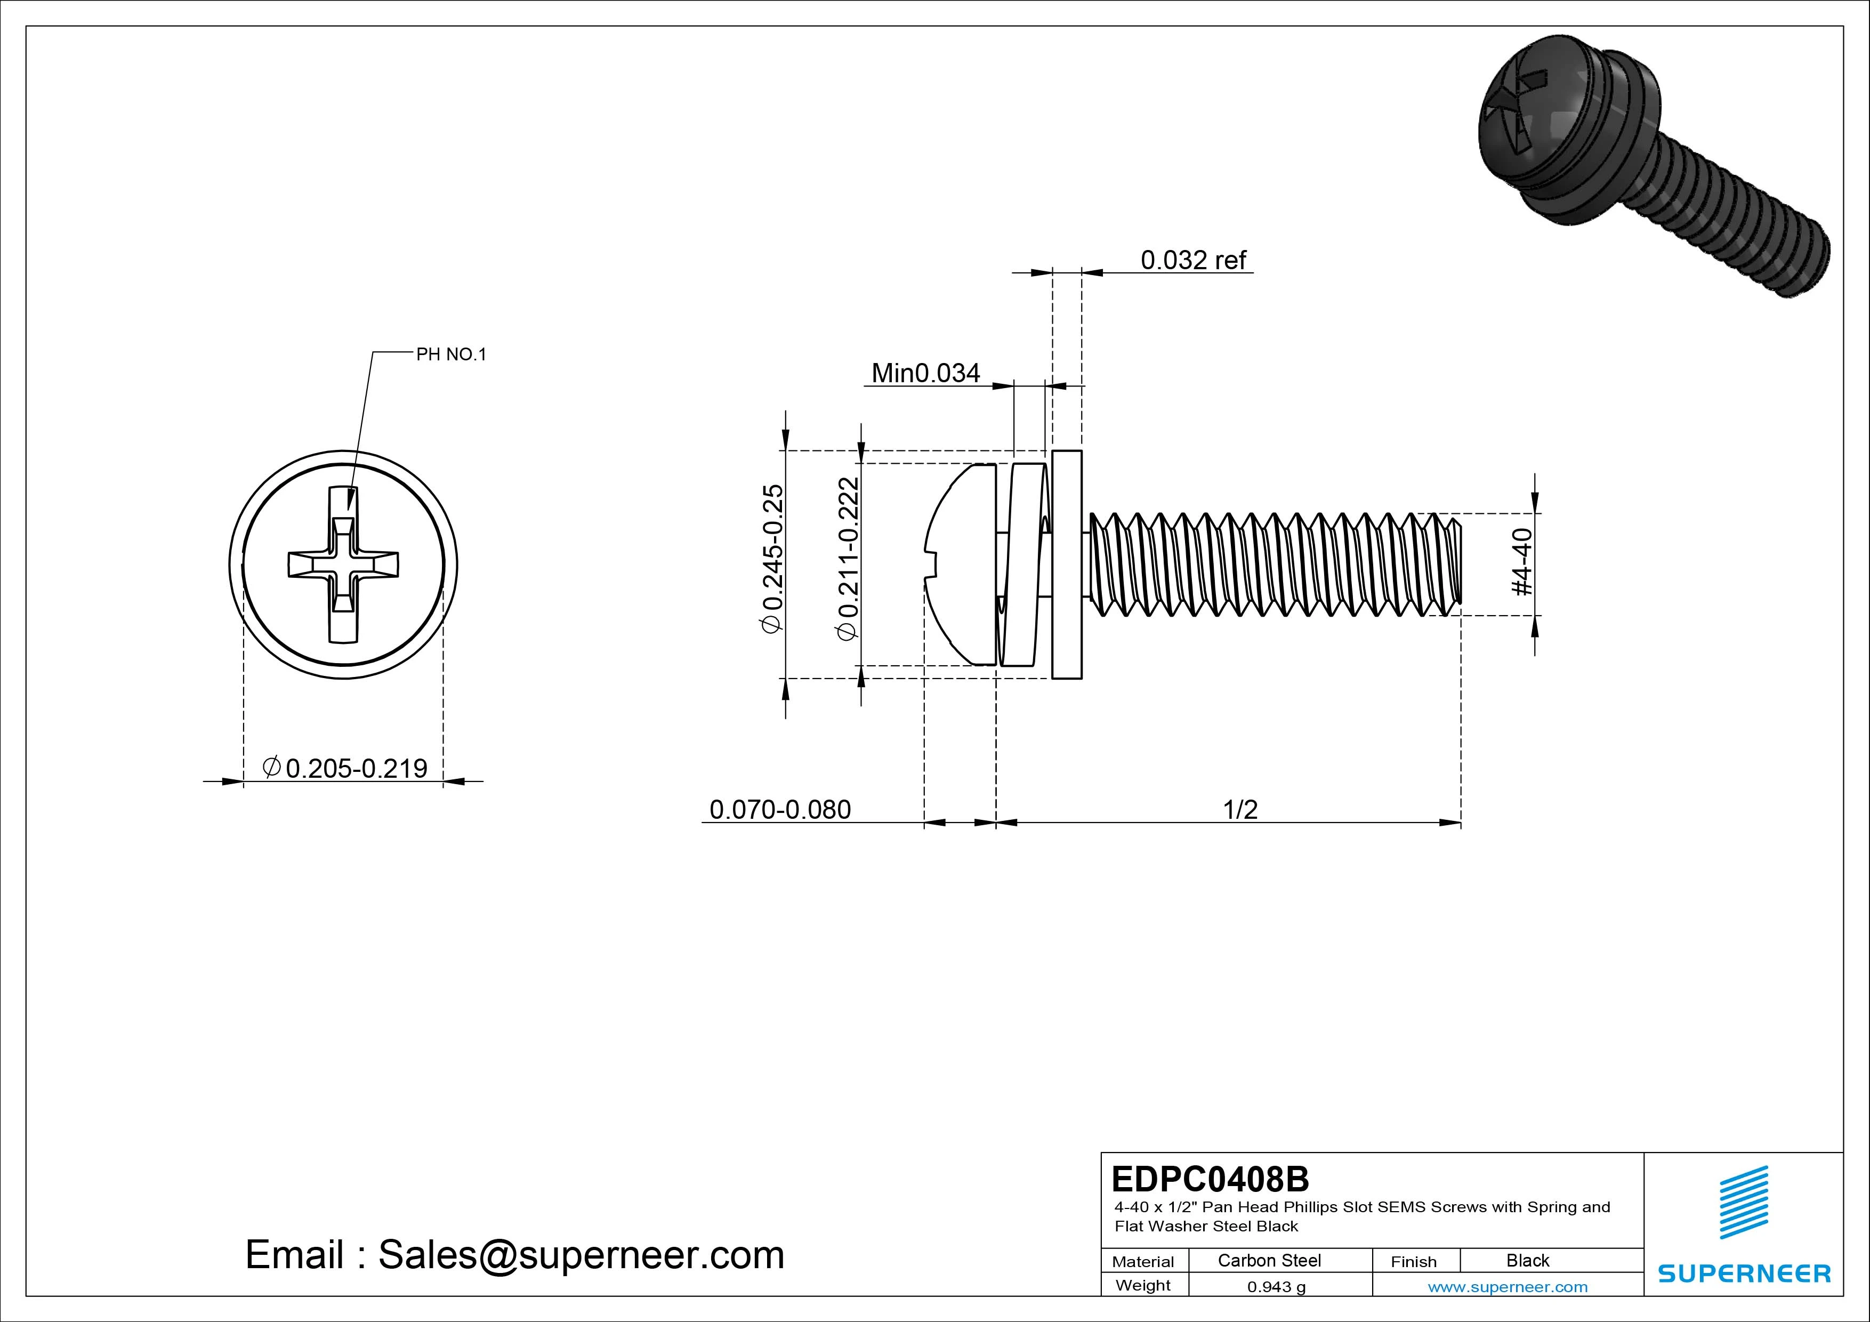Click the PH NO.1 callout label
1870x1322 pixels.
pyautogui.click(x=450, y=354)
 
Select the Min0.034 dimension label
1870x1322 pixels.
pyautogui.click(x=925, y=373)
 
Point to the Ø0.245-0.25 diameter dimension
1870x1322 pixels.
pyautogui.click(x=771, y=558)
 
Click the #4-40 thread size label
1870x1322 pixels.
pyautogui.click(x=1521, y=562)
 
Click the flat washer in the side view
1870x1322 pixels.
pyautogui.click(x=1067, y=563)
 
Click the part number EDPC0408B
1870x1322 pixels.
pyautogui.click(x=1210, y=1179)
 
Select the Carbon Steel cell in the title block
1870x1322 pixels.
pyautogui.click(x=1268, y=1260)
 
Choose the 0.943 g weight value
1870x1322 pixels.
pyautogui.click(x=1276, y=1287)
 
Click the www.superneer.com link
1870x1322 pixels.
pyautogui.click(x=1507, y=1287)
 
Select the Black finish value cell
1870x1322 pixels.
pyautogui.click(x=1527, y=1260)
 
